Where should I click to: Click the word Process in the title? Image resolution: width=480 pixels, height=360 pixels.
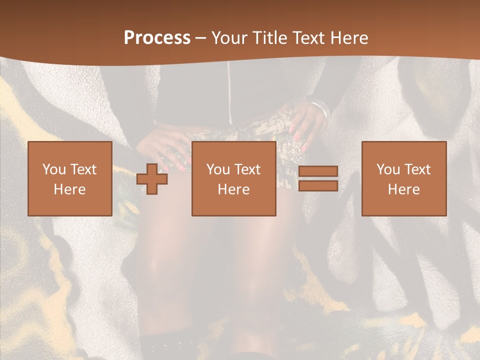pyautogui.click(x=157, y=38)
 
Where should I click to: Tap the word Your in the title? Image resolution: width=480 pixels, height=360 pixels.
pyautogui.click(x=229, y=38)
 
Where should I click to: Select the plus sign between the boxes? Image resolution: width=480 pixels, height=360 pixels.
pyautogui.click(x=152, y=179)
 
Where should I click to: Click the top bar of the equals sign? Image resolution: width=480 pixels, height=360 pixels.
pyautogui.click(x=318, y=171)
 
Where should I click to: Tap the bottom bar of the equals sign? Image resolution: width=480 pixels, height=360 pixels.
pyautogui.click(x=318, y=186)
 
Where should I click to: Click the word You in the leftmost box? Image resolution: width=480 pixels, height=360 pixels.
pyautogui.click(x=53, y=169)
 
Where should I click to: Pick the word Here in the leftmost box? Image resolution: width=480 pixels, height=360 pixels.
pyautogui.click(x=69, y=189)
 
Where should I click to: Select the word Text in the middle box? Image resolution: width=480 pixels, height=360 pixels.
pyautogui.click(x=247, y=169)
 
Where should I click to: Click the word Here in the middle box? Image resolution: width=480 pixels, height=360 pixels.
pyautogui.click(x=233, y=189)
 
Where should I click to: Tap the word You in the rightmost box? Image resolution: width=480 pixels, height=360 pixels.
pyautogui.click(x=388, y=169)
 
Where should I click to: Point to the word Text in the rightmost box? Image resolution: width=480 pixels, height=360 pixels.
pyautogui.click(x=417, y=169)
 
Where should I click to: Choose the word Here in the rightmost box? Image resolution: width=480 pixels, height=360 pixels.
pyautogui.click(x=403, y=189)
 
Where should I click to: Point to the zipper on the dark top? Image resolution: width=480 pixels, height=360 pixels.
pyautogui.click(x=229, y=95)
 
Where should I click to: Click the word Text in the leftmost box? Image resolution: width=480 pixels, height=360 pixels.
pyautogui.click(x=83, y=169)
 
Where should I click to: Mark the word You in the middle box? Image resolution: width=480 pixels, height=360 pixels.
pyautogui.click(x=218, y=169)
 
